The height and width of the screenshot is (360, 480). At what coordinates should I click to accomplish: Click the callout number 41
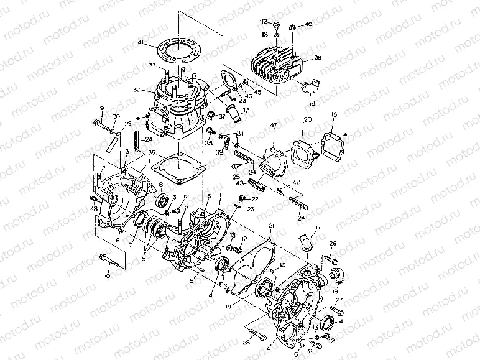(x=141, y=43)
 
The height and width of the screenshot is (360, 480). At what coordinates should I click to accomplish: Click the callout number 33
(x=152, y=65)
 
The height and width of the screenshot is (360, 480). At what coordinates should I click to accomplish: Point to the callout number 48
(x=95, y=208)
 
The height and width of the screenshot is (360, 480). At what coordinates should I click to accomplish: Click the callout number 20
(x=307, y=119)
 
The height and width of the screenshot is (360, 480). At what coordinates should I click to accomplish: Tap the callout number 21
(x=270, y=224)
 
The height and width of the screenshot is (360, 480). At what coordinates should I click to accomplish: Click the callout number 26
(x=333, y=243)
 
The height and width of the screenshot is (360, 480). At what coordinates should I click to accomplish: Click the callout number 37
(x=222, y=117)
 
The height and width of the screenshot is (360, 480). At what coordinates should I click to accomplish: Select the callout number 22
(x=254, y=198)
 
